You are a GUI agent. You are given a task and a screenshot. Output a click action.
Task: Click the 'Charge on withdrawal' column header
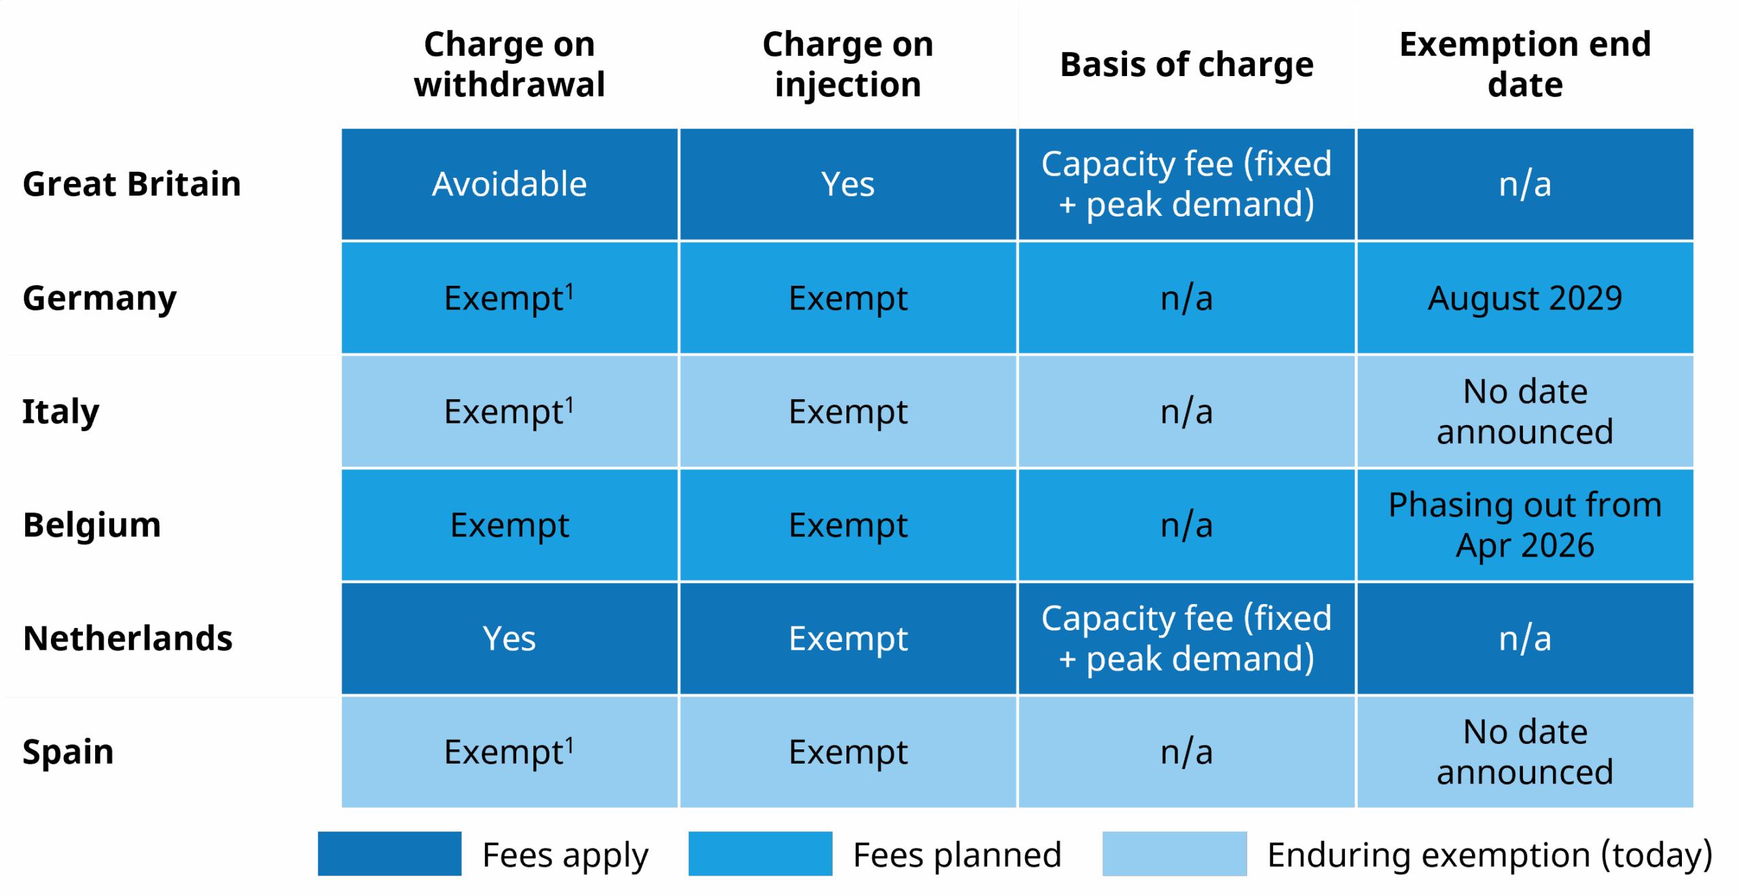point(509,64)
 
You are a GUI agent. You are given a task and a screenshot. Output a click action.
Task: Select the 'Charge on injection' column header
point(848,64)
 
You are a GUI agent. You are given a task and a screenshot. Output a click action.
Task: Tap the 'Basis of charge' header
point(1187,65)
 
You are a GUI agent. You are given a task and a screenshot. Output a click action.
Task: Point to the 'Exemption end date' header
point(1525,64)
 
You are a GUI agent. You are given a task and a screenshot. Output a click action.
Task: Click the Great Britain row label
point(132,184)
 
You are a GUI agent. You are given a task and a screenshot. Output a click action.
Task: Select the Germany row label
point(100,299)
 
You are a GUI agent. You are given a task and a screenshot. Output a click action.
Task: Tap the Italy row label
point(61,411)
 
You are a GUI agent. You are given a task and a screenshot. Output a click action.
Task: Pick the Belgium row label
point(92,525)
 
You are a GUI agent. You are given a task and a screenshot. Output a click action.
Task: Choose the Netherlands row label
point(128,639)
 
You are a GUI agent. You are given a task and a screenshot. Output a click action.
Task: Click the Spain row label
point(68,752)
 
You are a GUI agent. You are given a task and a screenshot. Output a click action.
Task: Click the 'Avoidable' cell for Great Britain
point(509,185)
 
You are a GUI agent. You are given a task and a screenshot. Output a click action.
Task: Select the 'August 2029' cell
point(1525,298)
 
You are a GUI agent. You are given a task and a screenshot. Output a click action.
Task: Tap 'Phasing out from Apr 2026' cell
point(1525,525)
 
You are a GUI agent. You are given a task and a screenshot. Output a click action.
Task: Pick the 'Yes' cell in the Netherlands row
point(509,639)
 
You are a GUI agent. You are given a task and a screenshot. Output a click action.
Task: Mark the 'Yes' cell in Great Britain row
point(848,185)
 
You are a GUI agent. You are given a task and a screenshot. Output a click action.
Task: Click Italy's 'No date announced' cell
point(1525,411)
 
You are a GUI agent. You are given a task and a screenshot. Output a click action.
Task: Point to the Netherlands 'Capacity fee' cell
point(1187,639)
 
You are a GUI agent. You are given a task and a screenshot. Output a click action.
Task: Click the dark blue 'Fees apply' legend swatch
point(389,854)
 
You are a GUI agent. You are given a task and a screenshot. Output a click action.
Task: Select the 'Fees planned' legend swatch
point(760,854)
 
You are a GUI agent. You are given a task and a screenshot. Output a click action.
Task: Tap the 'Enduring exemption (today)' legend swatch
point(1175,854)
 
